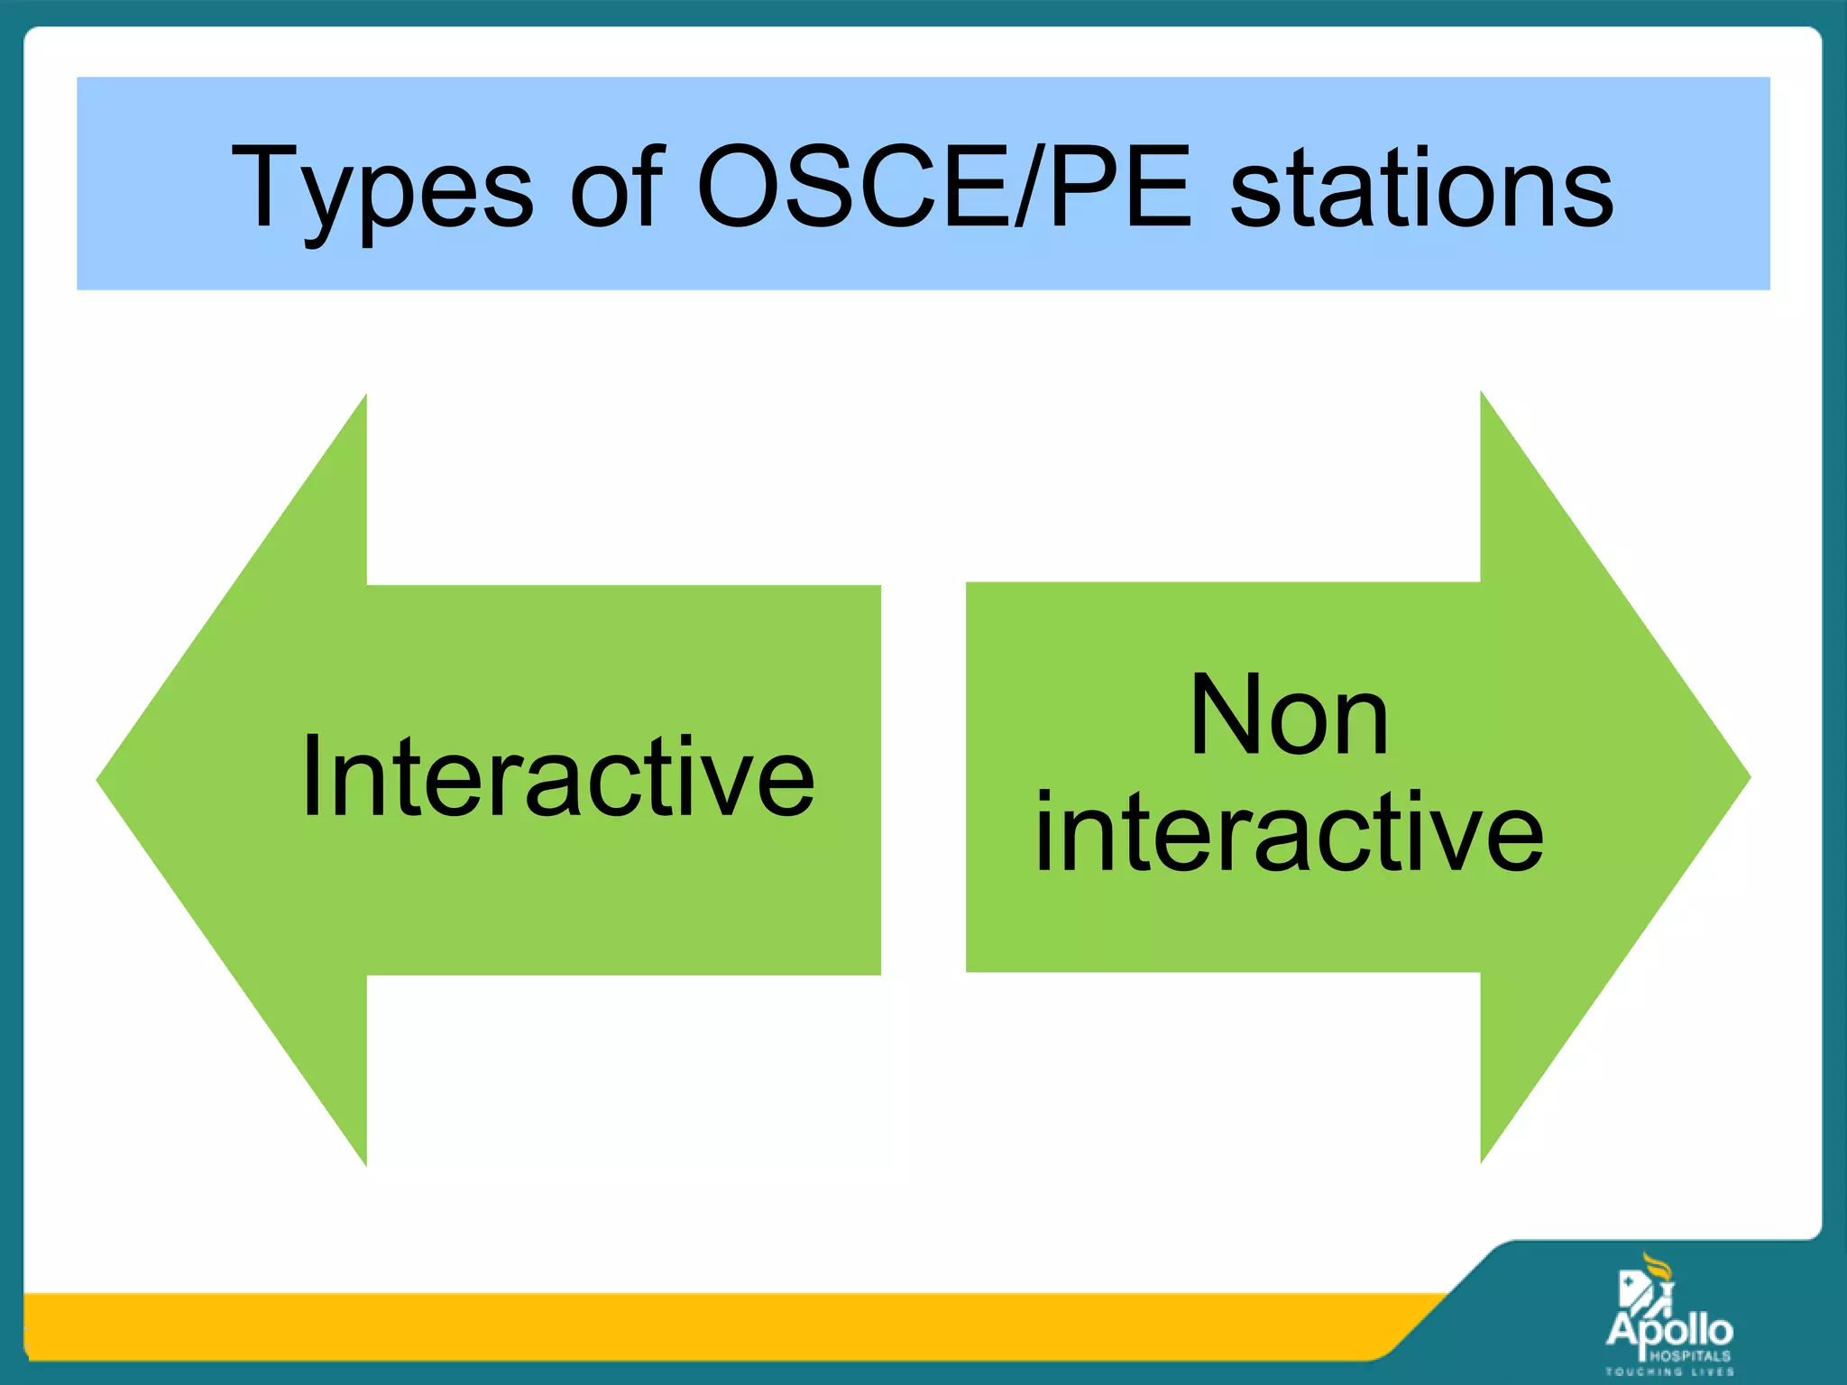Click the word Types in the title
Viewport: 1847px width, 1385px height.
(383, 189)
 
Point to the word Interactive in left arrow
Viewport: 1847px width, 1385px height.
(557, 777)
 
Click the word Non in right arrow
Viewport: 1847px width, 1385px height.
(1290, 716)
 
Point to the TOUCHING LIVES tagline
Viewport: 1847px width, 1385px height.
(1669, 1371)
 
